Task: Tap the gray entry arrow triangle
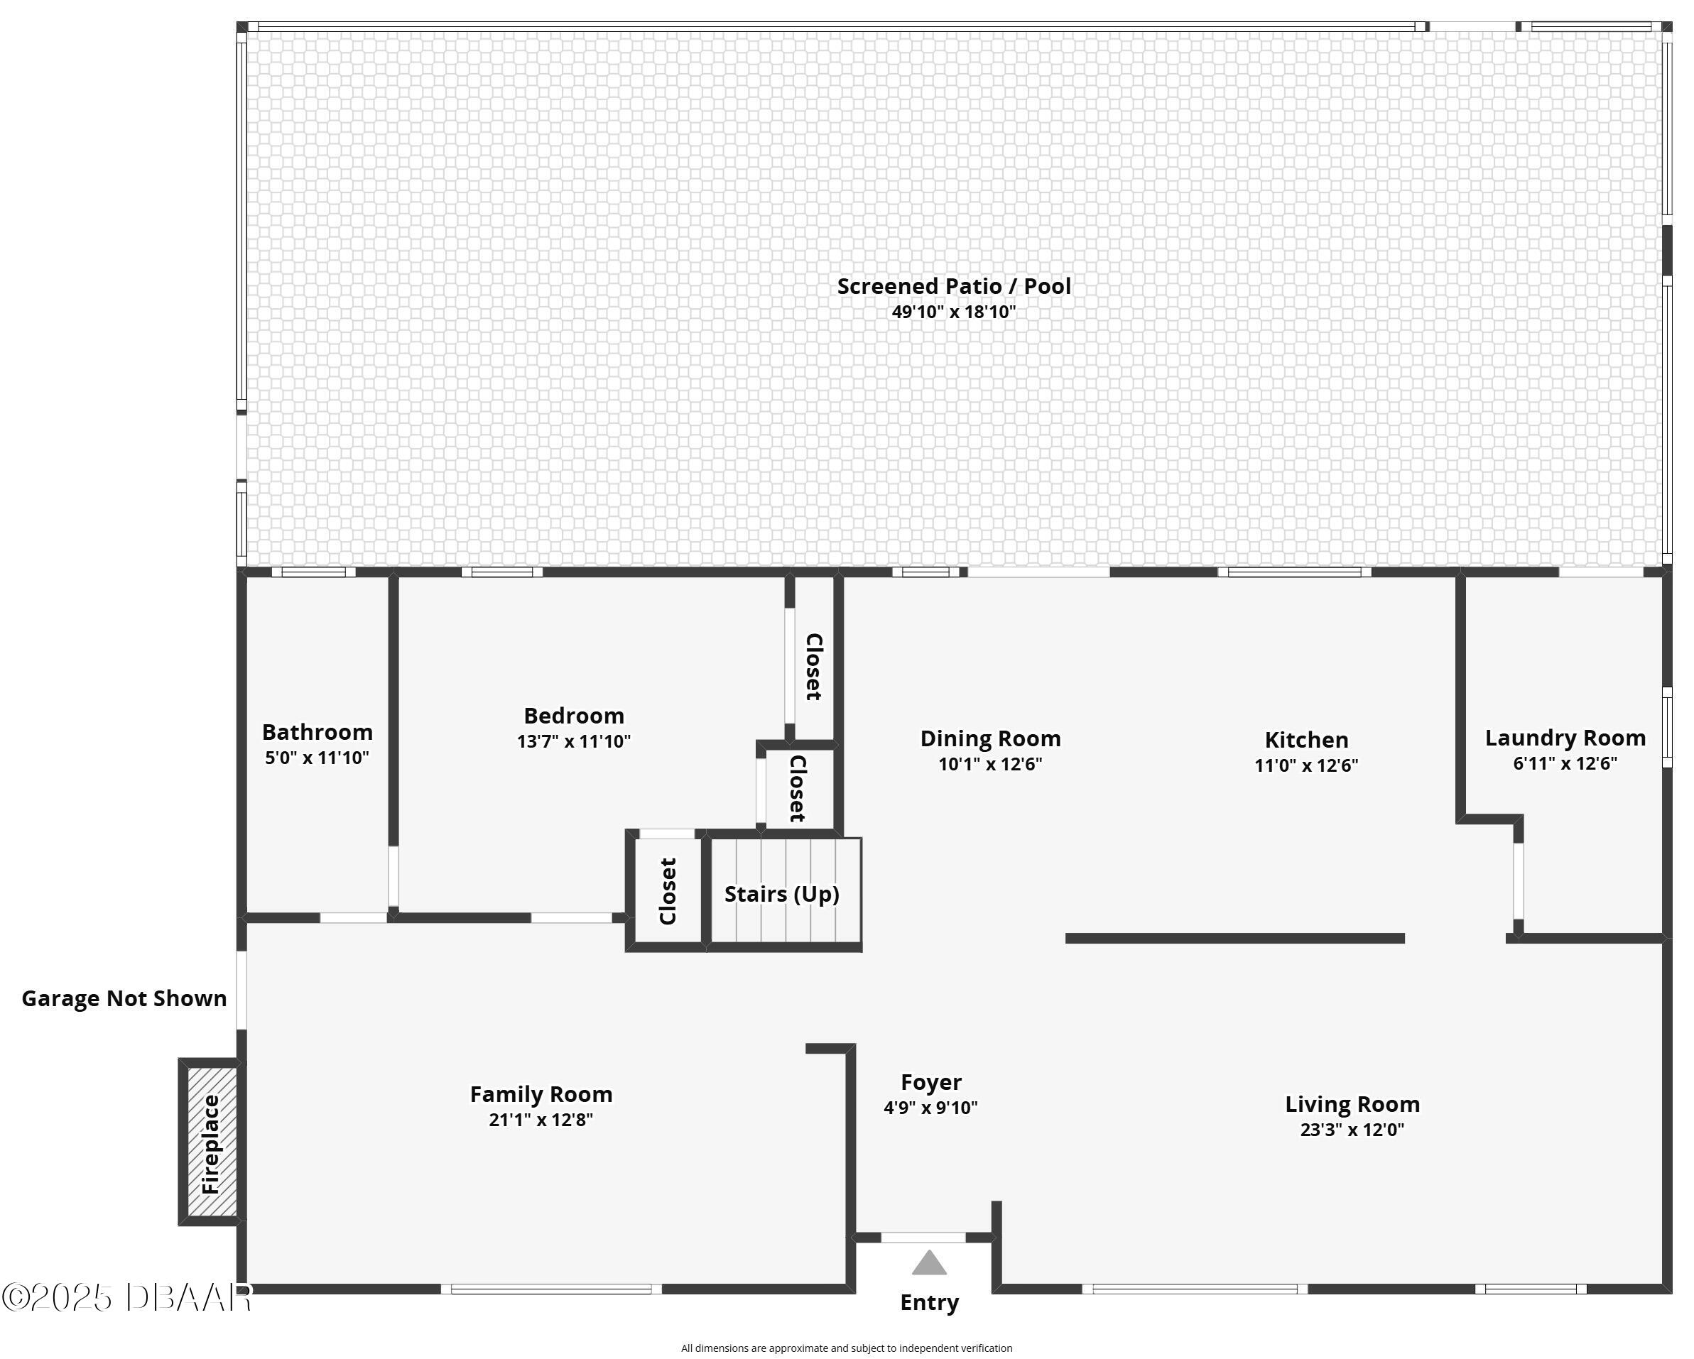click(930, 1263)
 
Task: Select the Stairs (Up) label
click(782, 894)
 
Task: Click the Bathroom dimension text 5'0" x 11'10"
click(317, 758)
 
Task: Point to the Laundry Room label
click(1565, 738)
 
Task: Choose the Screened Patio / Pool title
click(953, 286)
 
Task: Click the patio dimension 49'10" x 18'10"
click(953, 312)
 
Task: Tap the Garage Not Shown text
click(124, 998)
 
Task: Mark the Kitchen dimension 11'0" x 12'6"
click(1306, 765)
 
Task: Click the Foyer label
click(931, 1083)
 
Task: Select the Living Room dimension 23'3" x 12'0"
click(1352, 1130)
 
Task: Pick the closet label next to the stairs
click(668, 892)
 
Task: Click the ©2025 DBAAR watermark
click(126, 1297)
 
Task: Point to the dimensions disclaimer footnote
click(846, 1348)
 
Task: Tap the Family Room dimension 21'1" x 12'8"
click(541, 1120)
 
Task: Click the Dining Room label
click(990, 738)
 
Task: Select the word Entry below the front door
click(930, 1302)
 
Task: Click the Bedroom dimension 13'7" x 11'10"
click(574, 741)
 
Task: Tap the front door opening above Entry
click(923, 1238)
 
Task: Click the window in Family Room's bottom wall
click(550, 1289)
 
